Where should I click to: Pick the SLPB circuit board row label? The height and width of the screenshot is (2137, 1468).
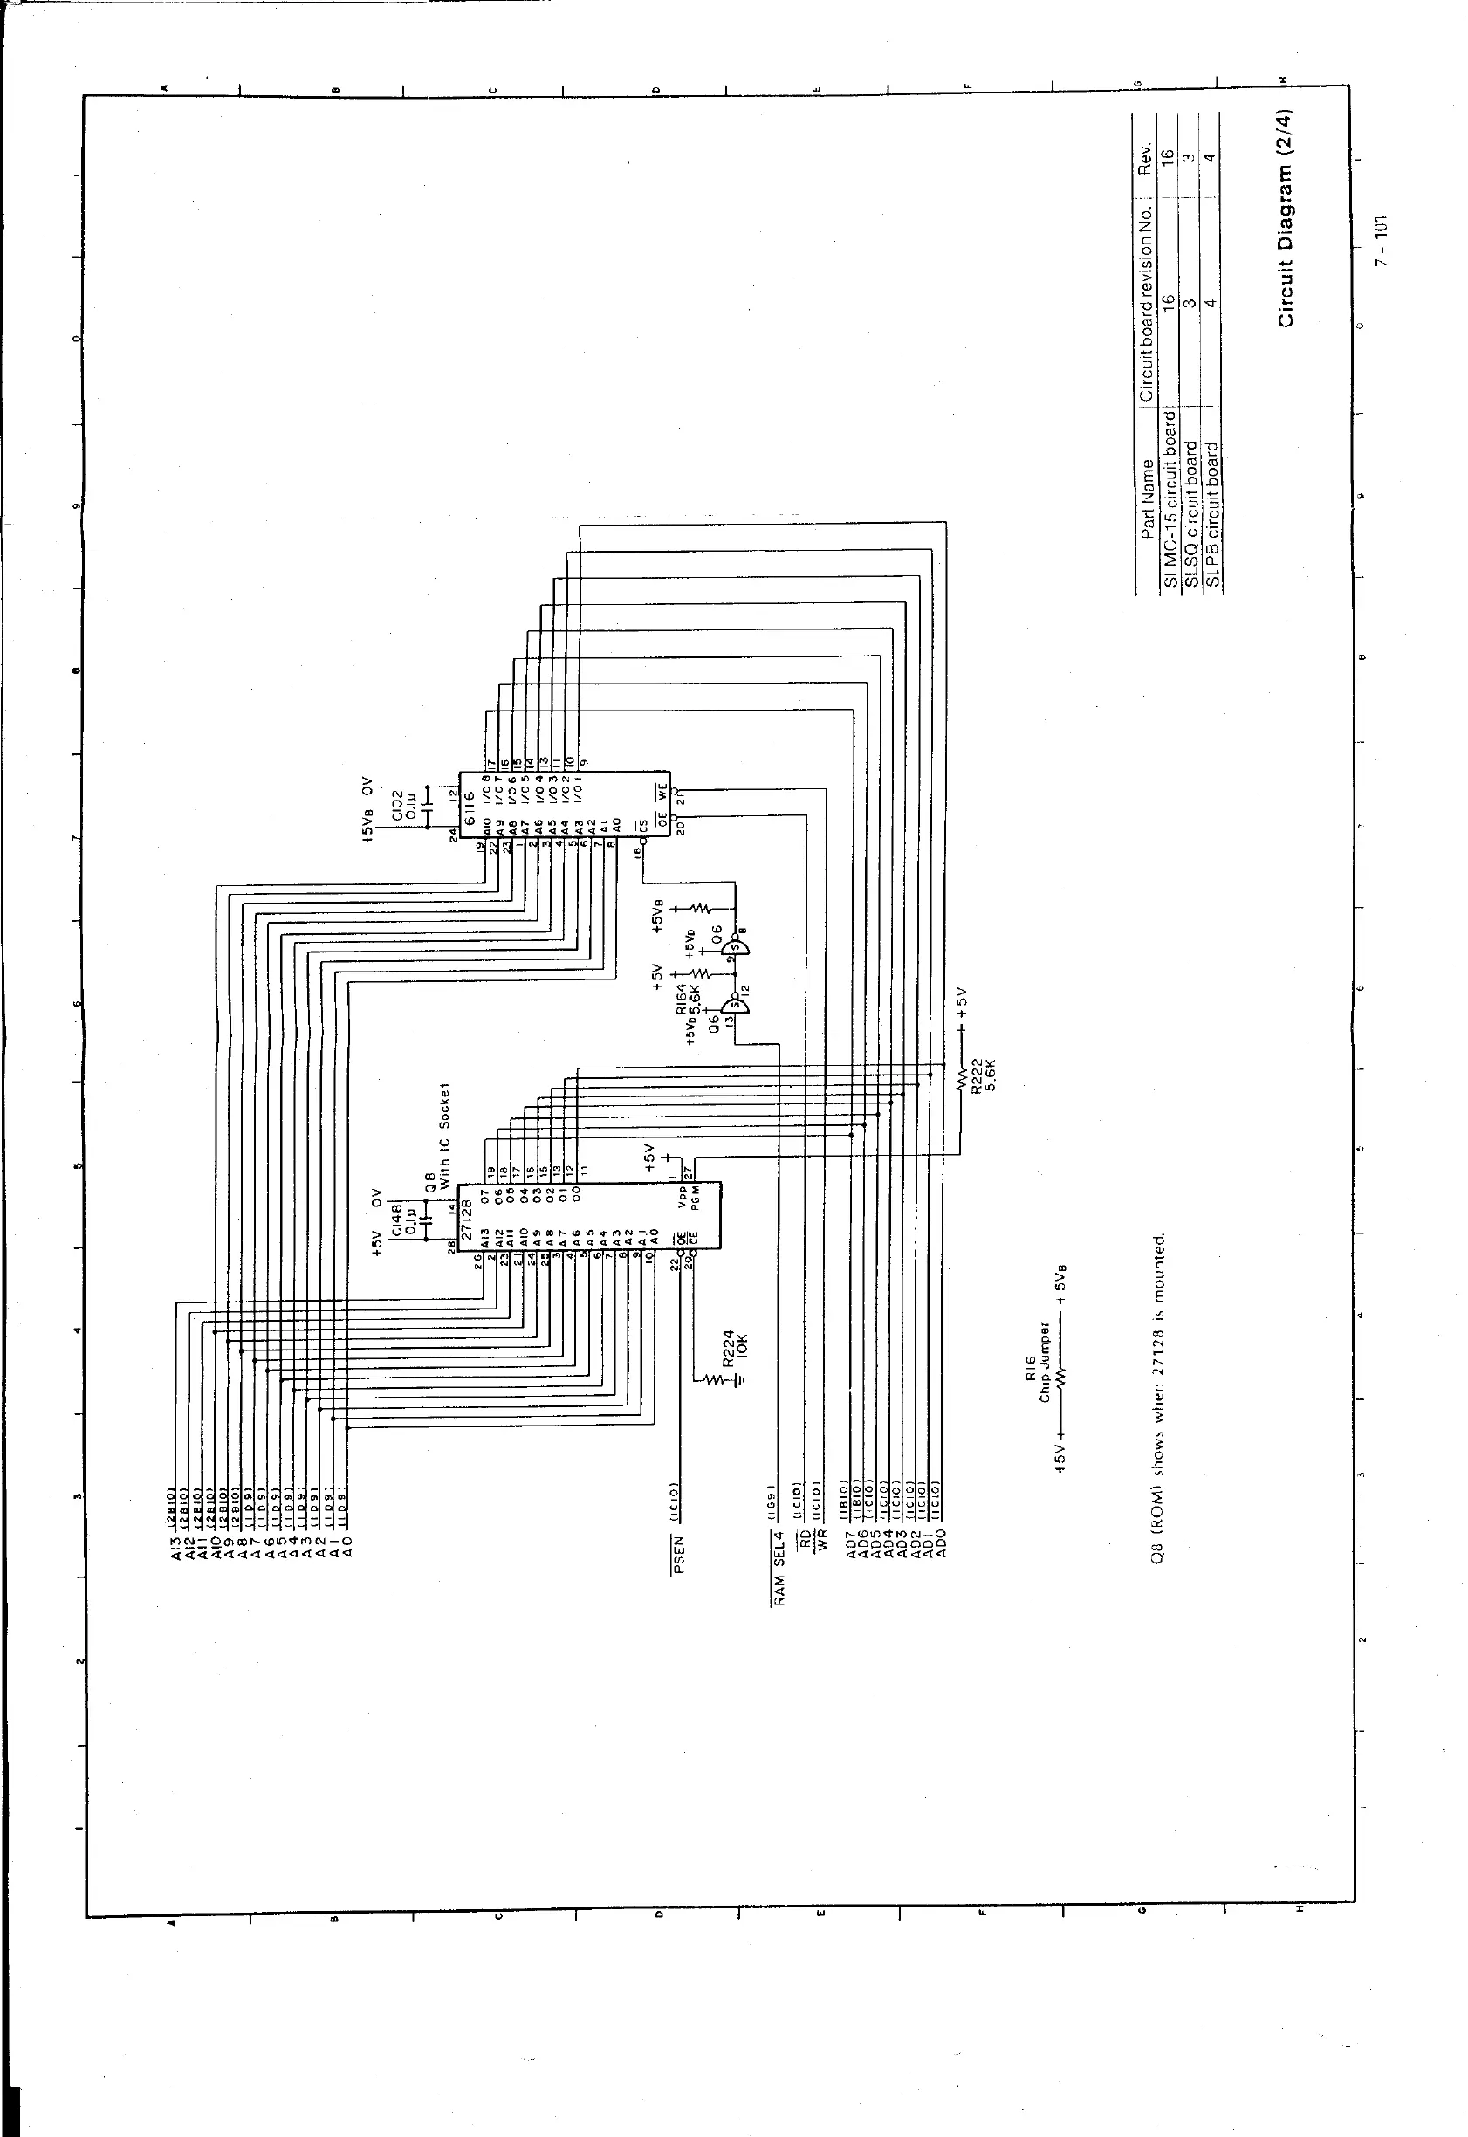click(1212, 515)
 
